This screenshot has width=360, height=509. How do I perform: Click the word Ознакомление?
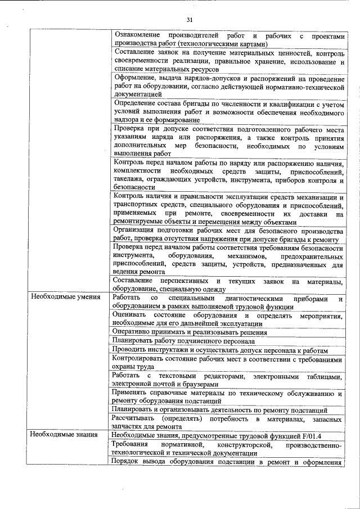137,35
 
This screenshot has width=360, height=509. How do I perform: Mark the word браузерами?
192,382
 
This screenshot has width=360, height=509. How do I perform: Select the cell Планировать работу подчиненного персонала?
183,341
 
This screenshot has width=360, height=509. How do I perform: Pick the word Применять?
132,392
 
